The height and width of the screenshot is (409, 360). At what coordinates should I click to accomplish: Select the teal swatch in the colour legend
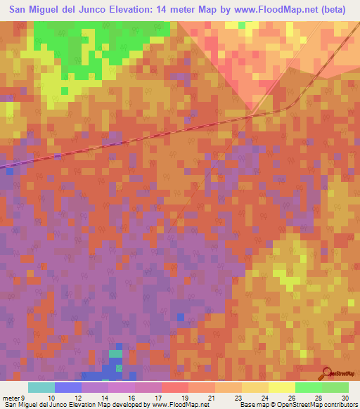click(41, 387)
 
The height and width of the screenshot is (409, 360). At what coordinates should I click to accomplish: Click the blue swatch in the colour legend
click(68, 387)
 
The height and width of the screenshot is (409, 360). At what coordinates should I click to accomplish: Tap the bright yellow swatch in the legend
click(282, 387)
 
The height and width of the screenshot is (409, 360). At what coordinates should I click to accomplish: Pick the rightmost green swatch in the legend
click(335, 387)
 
